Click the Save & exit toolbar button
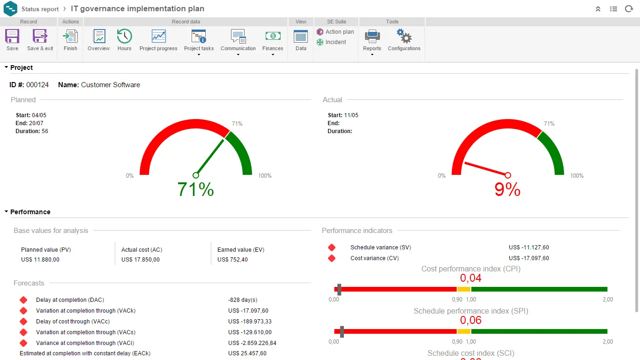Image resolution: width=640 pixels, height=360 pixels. pos(40,37)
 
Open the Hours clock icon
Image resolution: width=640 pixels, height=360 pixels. pos(124,37)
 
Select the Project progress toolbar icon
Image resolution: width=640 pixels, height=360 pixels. pos(158,37)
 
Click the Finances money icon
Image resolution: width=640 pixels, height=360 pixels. pos(273,37)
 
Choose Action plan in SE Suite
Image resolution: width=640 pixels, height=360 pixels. pos(335,32)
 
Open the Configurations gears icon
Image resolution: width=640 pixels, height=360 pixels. pos(404,37)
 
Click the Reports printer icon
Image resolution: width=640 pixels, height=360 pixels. pos(372,37)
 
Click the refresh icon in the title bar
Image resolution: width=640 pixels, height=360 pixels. pos(629,9)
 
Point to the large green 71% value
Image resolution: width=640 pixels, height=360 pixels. pos(196,189)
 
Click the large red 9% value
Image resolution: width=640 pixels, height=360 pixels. pos(507,189)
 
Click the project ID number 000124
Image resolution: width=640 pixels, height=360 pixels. pos(37,85)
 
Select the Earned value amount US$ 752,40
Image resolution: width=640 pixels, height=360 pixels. pos(232,260)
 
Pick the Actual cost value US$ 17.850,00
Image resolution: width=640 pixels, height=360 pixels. pos(141,260)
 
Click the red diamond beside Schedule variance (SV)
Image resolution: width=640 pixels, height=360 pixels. pos(332,247)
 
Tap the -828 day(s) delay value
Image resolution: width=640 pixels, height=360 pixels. pos(243,300)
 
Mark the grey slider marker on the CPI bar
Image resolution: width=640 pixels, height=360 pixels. pos(339,289)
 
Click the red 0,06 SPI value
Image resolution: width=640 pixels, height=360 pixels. pos(471,320)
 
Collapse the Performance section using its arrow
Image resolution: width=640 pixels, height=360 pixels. pos(7,212)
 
